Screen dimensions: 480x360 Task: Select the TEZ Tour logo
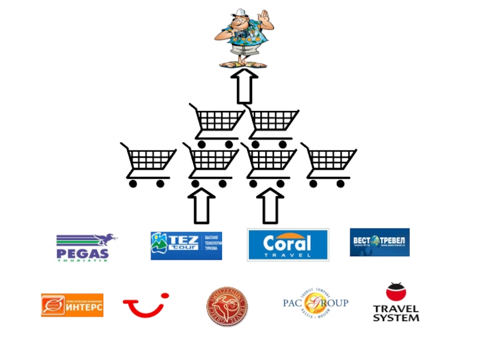tap(186, 245)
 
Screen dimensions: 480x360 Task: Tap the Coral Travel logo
tap(288, 244)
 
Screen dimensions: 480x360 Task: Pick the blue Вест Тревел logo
tap(380, 242)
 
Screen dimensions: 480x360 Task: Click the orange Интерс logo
tap(72, 305)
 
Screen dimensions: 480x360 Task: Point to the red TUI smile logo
tap(146, 305)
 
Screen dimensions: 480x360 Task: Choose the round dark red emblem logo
tap(227, 306)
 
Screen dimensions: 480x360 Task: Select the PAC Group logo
tap(316, 304)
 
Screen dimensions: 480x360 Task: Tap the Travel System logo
tap(396, 303)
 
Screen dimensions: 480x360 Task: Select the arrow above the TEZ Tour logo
tap(202, 206)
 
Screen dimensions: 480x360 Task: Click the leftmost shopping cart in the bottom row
tap(148, 165)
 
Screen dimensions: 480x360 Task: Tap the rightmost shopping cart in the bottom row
tap(328, 165)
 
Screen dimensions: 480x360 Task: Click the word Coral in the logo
tap(287, 243)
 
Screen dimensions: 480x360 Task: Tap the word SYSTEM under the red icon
tap(396, 317)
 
